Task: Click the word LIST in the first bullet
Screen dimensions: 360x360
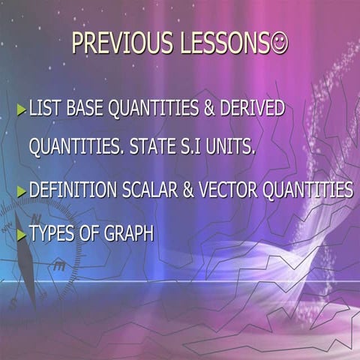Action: click(x=43, y=109)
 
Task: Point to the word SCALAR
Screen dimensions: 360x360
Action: click(x=147, y=190)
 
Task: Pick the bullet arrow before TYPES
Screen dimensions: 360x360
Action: click(x=22, y=235)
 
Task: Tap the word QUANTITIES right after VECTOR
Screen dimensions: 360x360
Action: click(x=307, y=190)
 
